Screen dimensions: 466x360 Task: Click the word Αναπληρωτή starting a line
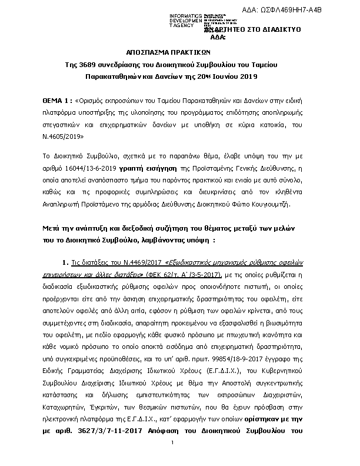(63, 204)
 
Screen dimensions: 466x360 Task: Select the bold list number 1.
(65, 262)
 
